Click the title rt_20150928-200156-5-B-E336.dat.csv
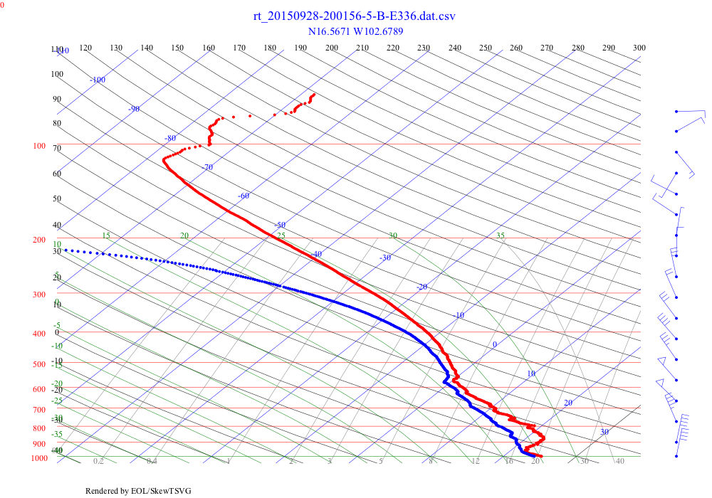(354, 16)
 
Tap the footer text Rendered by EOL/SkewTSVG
(138, 491)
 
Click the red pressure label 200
(39, 240)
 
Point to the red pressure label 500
(39, 365)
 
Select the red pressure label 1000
(39, 459)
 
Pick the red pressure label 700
(39, 410)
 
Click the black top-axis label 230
(424, 48)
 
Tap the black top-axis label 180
(270, 48)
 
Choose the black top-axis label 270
(547, 48)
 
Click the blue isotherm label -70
(207, 168)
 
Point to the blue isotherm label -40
(316, 254)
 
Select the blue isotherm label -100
(98, 80)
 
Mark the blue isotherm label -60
(244, 196)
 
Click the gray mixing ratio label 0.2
(98, 462)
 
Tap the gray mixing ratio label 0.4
(152, 462)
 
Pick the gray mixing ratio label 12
(476, 462)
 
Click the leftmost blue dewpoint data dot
(65, 250)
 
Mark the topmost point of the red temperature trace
(314, 94)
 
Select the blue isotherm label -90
(134, 109)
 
